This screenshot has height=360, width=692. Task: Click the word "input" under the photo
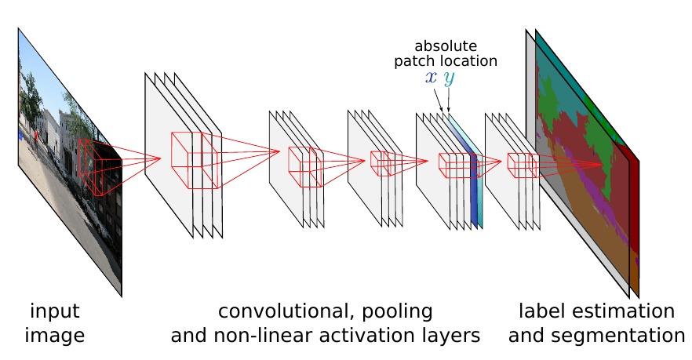pos(55,311)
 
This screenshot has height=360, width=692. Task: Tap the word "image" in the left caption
pos(55,336)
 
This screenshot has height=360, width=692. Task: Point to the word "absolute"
pos(446,45)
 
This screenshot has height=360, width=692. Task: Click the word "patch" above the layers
pos(412,61)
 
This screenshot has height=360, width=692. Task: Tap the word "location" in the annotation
pos(466,60)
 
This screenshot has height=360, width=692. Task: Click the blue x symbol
pos(432,77)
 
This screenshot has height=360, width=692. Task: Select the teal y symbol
pos(449,78)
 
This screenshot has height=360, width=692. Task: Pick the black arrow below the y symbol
pos(449,100)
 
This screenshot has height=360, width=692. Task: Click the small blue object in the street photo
pos(20,136)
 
